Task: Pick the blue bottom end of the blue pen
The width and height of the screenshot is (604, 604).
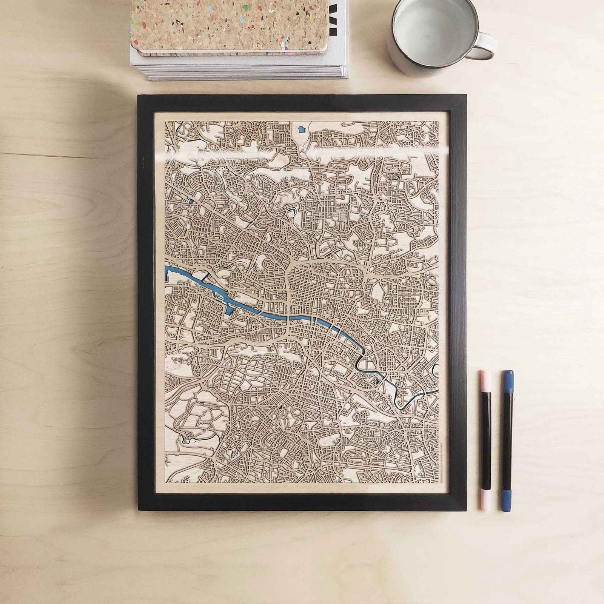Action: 507,500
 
